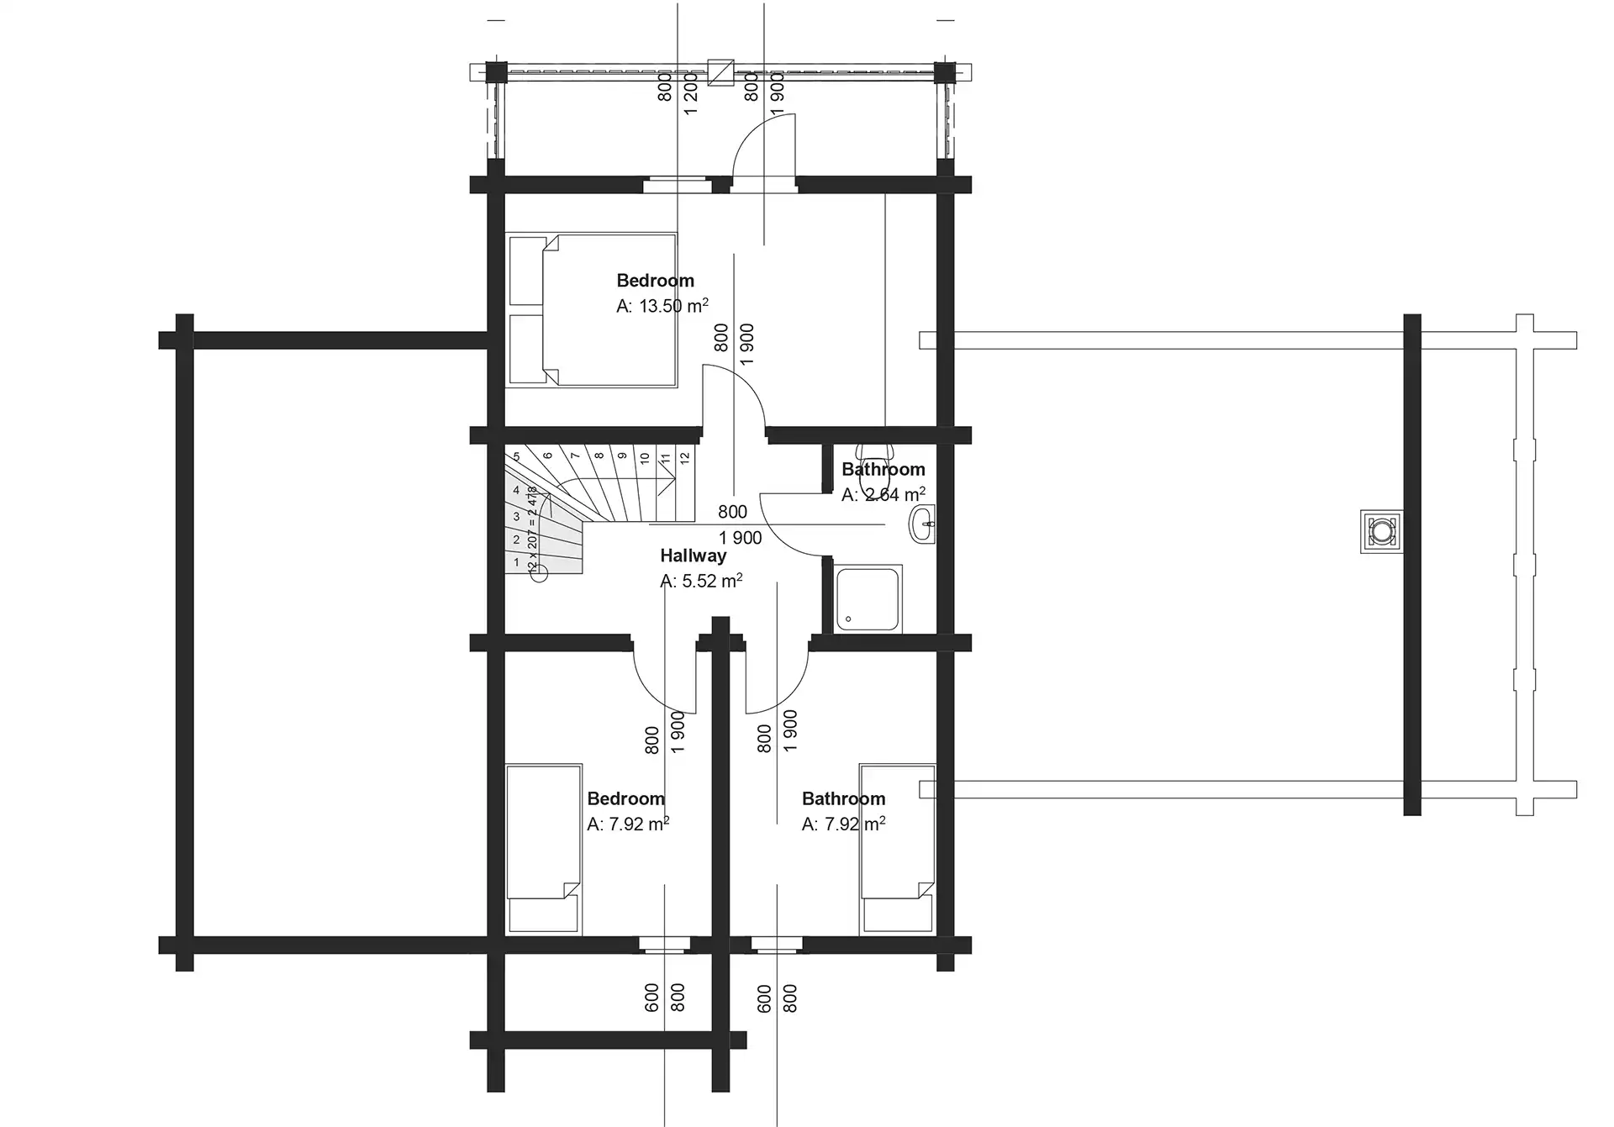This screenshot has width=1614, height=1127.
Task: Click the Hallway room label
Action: (x=693, y=556)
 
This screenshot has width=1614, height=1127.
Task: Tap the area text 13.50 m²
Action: (x=673, y=306)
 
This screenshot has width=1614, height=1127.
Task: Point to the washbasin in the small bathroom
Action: (x=922, y=524)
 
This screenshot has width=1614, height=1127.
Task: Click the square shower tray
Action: (x=868, y=598)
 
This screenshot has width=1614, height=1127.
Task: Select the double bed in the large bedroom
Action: (x=592, y=310)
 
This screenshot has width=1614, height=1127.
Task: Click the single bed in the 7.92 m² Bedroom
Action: (x=544, y=849)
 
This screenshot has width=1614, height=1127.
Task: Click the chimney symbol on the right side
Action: (x=1382, y=531)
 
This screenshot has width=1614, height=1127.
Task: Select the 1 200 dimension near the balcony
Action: (x=691, y=93)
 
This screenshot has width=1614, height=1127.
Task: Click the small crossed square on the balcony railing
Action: (x=720, y=72)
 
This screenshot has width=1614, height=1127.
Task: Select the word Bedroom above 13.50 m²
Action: (x=656, y=281)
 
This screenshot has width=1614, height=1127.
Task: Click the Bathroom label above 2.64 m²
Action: (x=883, y=469)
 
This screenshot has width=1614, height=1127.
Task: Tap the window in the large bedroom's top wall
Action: (x=678, y=185)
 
